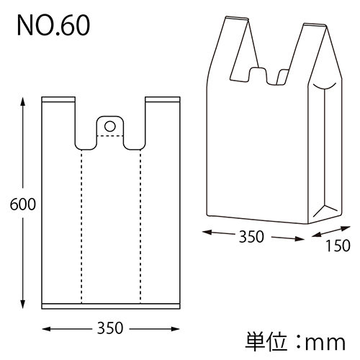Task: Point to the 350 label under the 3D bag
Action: click(253, 236)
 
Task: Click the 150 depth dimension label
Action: click(337, 246)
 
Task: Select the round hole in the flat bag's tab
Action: click(110, 126)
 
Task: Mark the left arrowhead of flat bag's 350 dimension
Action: click(45, 329)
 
